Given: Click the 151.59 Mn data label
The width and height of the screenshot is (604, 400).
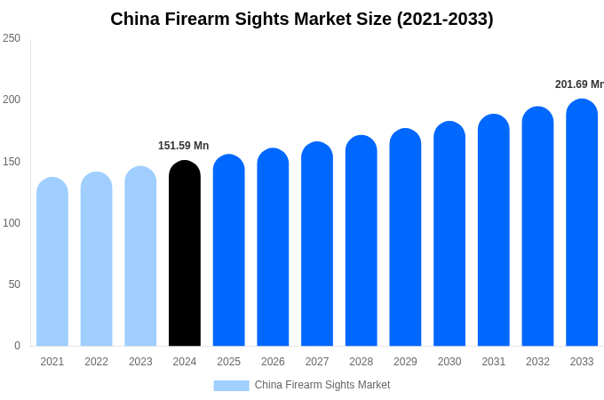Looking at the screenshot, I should (x=183, y=146).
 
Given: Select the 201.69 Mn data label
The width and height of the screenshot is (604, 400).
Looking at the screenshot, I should (x=579, y=84).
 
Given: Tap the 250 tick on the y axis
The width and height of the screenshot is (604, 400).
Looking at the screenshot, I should (x=12, y=38).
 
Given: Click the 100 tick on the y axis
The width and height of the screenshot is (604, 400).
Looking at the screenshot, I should (x=12, y=223).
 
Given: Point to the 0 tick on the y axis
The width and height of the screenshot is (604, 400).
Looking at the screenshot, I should (x=17, y=346).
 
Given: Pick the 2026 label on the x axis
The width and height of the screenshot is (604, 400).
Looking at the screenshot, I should (x=273, y=362).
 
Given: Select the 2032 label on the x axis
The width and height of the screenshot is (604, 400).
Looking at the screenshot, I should (x=537, y=362).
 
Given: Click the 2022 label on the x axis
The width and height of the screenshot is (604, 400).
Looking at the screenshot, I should (x=96, y=362).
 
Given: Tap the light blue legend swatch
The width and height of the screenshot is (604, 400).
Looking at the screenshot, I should (x=231, y=385).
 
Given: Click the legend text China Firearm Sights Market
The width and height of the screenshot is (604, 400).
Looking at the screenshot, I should (x=322, y=385).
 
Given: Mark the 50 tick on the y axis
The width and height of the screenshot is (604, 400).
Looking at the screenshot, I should (x=14, y=284).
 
